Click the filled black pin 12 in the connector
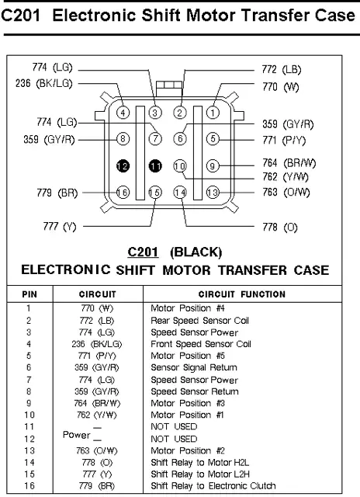tap(123, 165)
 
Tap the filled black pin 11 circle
tap(155, 165)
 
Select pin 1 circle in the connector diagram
tap(213, 113)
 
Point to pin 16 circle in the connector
tap(123, 193)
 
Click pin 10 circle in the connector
tap(180, 165)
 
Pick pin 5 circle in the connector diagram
tap(213, 139)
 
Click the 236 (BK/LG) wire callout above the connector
tap(44, 83)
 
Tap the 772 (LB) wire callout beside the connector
tap(282, 69)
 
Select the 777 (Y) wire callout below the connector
tap(60, 227)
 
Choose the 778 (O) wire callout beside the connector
tap(280, 228)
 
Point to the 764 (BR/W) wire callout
tap(289, 163)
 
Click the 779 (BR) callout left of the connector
tap(57, 193)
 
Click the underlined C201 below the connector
tap(143, 252)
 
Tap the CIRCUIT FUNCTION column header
tap(242, 294)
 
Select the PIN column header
tap(29, 294)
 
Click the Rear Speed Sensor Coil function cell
tap(200, 321)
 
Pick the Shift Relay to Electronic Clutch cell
tap(213, 485)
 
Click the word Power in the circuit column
tap(76, 435)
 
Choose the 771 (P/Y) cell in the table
tap(97, 356)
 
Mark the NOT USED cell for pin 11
tap(174, 426)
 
